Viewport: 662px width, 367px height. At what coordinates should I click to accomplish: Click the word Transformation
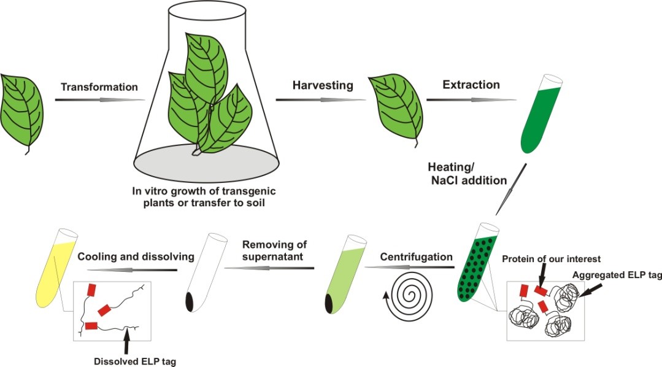click(x=99, y=87)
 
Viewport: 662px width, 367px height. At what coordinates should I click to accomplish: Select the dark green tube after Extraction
click(x=542, y=114)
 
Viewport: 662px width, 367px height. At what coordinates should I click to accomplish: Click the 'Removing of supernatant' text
click(x=271, y=250)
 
